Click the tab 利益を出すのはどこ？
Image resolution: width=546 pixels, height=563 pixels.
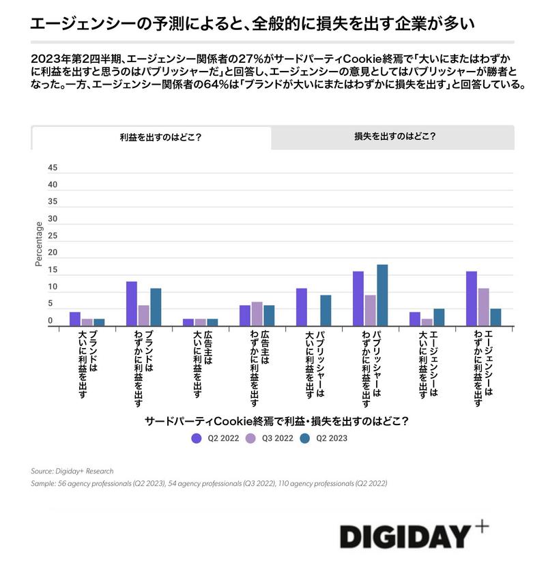click(x=151, y=136)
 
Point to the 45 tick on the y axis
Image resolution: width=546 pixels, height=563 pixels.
click(x=53, y=168)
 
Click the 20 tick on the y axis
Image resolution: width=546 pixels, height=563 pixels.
click(x=53, y=253)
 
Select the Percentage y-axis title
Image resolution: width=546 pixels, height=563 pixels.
click(x=38, y=244)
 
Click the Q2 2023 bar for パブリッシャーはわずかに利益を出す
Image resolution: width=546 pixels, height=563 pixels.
click(x=382, y=295)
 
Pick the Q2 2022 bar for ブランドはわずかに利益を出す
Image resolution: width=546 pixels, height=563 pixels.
click(x=132, y=304)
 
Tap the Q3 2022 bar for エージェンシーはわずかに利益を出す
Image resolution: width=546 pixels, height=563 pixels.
click(x=483, y=307)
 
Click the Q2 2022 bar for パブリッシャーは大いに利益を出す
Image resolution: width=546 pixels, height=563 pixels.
click(x=302, y=307)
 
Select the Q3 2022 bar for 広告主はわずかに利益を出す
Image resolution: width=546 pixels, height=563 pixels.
click(x=257, y=314)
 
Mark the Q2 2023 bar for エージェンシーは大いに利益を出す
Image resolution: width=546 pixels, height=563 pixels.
click(x=439, y=317)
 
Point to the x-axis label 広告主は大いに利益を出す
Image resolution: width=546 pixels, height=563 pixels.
click(x=201, y=362)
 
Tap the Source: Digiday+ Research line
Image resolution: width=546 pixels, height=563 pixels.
click(x=72, y=471)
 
